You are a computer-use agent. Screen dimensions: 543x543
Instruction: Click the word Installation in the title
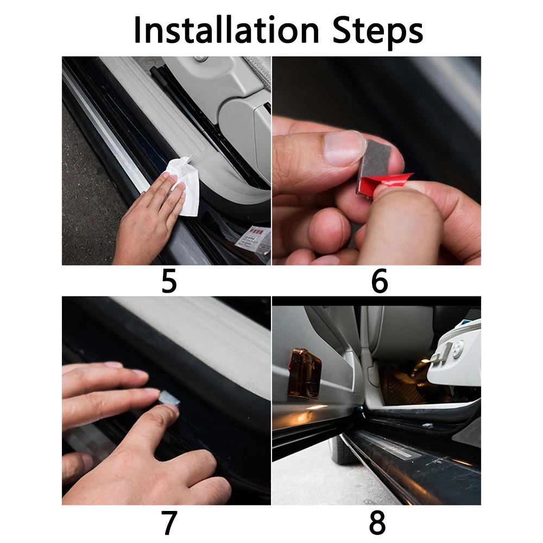226,30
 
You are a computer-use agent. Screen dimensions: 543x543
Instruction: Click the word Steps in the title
378,32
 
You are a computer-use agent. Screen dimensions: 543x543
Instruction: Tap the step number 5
169,281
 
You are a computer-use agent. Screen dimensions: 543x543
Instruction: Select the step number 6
379,281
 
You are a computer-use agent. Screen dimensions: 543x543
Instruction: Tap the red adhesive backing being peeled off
384,182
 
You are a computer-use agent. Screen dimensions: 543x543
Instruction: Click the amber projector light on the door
305,374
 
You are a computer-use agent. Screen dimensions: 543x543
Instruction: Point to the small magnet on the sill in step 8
428,426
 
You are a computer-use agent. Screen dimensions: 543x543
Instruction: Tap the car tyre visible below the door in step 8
342,450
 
